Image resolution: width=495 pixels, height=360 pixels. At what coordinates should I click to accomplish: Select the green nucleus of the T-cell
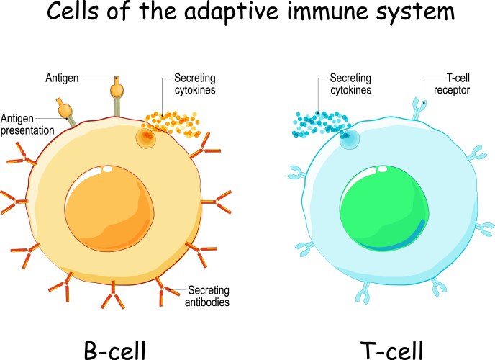click(x=378, y=209)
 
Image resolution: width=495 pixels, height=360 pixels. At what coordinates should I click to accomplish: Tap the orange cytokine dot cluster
click(x=173, y=122)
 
